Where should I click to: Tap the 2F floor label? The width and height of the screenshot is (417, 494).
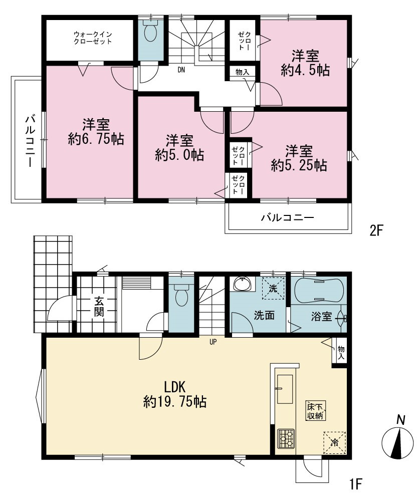[x=376, y=231]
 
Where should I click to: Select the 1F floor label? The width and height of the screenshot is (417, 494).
[x=356, y=483]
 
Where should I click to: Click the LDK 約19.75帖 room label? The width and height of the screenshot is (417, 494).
[x=175, y=394]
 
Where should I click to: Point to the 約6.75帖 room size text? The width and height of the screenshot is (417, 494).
[x=96, y=139]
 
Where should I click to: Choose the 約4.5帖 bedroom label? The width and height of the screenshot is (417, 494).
[x=305, y=63]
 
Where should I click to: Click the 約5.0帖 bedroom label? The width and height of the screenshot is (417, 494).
[x=179, y=148]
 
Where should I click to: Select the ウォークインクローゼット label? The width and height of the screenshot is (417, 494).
[x=93, y=38]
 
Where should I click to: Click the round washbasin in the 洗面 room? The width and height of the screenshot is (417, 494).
[x=243, y=284]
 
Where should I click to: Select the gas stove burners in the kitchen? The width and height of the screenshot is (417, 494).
[x=286, y=438]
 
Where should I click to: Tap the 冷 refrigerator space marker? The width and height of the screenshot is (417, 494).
[x=334, y=443]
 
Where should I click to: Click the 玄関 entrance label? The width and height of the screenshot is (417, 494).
[x=99, y=307]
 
